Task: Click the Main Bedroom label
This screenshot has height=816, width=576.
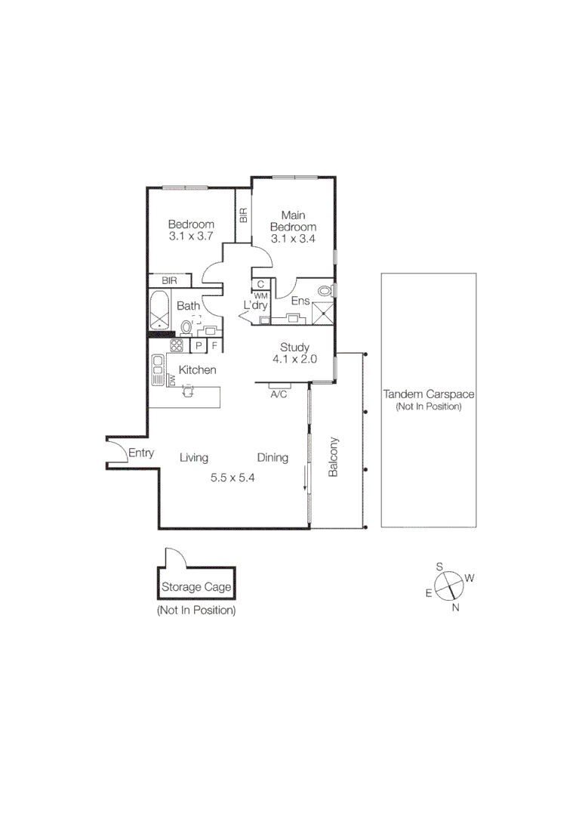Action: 293,221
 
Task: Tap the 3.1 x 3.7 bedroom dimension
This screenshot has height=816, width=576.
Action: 191,236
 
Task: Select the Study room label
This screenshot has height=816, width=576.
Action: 294,348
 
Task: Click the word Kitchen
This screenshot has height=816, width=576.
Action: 198,370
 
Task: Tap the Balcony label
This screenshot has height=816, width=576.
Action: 333,457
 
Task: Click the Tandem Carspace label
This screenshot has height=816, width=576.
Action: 428,394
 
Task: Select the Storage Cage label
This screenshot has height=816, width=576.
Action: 196,587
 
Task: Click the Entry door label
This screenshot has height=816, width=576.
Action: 141,453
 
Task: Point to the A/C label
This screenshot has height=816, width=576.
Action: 278,394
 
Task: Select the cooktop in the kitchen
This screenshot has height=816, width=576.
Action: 177,346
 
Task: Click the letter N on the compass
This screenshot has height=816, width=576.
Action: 455,607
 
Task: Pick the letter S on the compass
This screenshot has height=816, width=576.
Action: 439,566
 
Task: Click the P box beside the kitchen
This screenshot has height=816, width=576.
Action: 199,346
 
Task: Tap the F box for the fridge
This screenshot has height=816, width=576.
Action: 214,346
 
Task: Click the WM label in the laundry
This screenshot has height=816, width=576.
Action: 260,295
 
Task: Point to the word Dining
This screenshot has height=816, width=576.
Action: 273,457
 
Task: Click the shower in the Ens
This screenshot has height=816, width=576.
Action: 324,312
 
